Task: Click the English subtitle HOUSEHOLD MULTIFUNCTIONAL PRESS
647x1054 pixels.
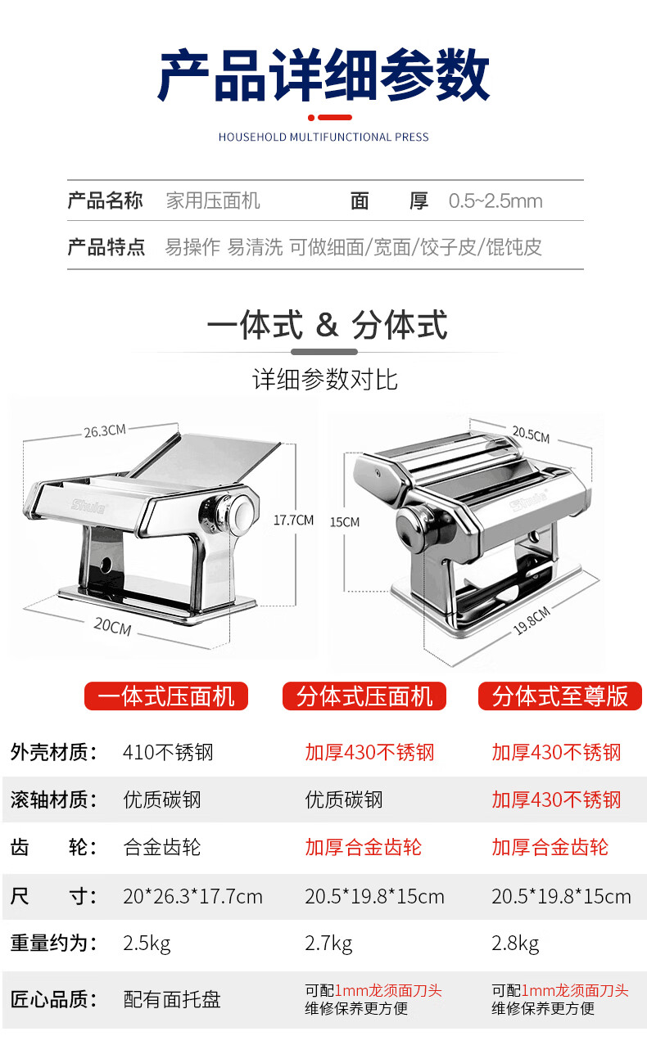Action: (x=323, y=137)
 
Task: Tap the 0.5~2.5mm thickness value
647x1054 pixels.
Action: (x=495, y=201)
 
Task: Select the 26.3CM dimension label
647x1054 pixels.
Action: (x=105, y=431)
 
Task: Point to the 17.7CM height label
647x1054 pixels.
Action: (x=293, y=520)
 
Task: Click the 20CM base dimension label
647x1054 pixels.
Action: (x=112, y=627)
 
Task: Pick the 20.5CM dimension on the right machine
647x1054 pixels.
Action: (x=531, y=435)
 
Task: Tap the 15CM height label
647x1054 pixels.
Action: (x=345, y=522)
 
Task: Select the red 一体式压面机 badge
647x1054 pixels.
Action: (x=166, y=696)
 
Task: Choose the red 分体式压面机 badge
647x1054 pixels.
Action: (x=364, y=696)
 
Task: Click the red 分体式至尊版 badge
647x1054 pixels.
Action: (x=560, y=696)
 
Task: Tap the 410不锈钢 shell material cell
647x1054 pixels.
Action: (x=168, y=753)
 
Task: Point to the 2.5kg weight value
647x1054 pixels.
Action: (x=147, y=944)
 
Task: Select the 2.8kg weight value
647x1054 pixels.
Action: (x=515, y=944)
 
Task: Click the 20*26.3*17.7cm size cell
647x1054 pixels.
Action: (x=193, y=896)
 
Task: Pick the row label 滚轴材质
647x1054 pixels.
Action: (x=53, y=800)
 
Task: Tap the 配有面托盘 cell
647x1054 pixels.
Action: (x=172, y=999)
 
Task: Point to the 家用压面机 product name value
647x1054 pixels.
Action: (x=213, y=201)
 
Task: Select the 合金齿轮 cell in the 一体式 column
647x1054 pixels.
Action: (x=162, y=847)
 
